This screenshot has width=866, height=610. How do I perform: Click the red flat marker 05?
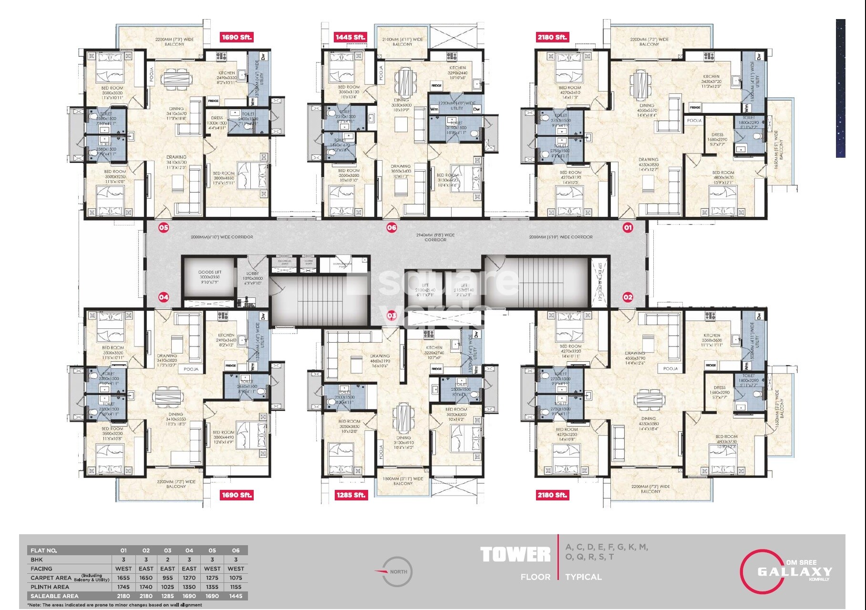coord(164,227)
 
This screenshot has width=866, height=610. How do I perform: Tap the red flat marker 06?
coord(392,227)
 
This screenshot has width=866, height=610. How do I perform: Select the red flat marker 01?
coord(628,227)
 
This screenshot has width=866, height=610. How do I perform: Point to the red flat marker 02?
coord(628,297)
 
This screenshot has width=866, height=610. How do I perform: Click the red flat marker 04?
coord(164,297)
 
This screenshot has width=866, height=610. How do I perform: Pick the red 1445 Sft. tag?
coord(351,37)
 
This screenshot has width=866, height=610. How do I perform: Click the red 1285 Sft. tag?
coord(351,495)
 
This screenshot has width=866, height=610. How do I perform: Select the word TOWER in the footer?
coord(515,555)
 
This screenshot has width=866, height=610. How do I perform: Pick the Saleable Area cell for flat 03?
coord(167,596)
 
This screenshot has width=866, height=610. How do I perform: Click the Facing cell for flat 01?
coord(124,569)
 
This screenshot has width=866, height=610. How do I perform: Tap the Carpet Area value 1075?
coord(236,578)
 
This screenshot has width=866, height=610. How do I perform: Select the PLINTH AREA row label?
coord(50,587)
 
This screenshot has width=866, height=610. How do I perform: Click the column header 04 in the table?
coord(189,550)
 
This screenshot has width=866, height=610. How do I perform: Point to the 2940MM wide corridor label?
coord(435,237)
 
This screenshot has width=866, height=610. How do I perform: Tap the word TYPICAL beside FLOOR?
coord(583,577)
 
